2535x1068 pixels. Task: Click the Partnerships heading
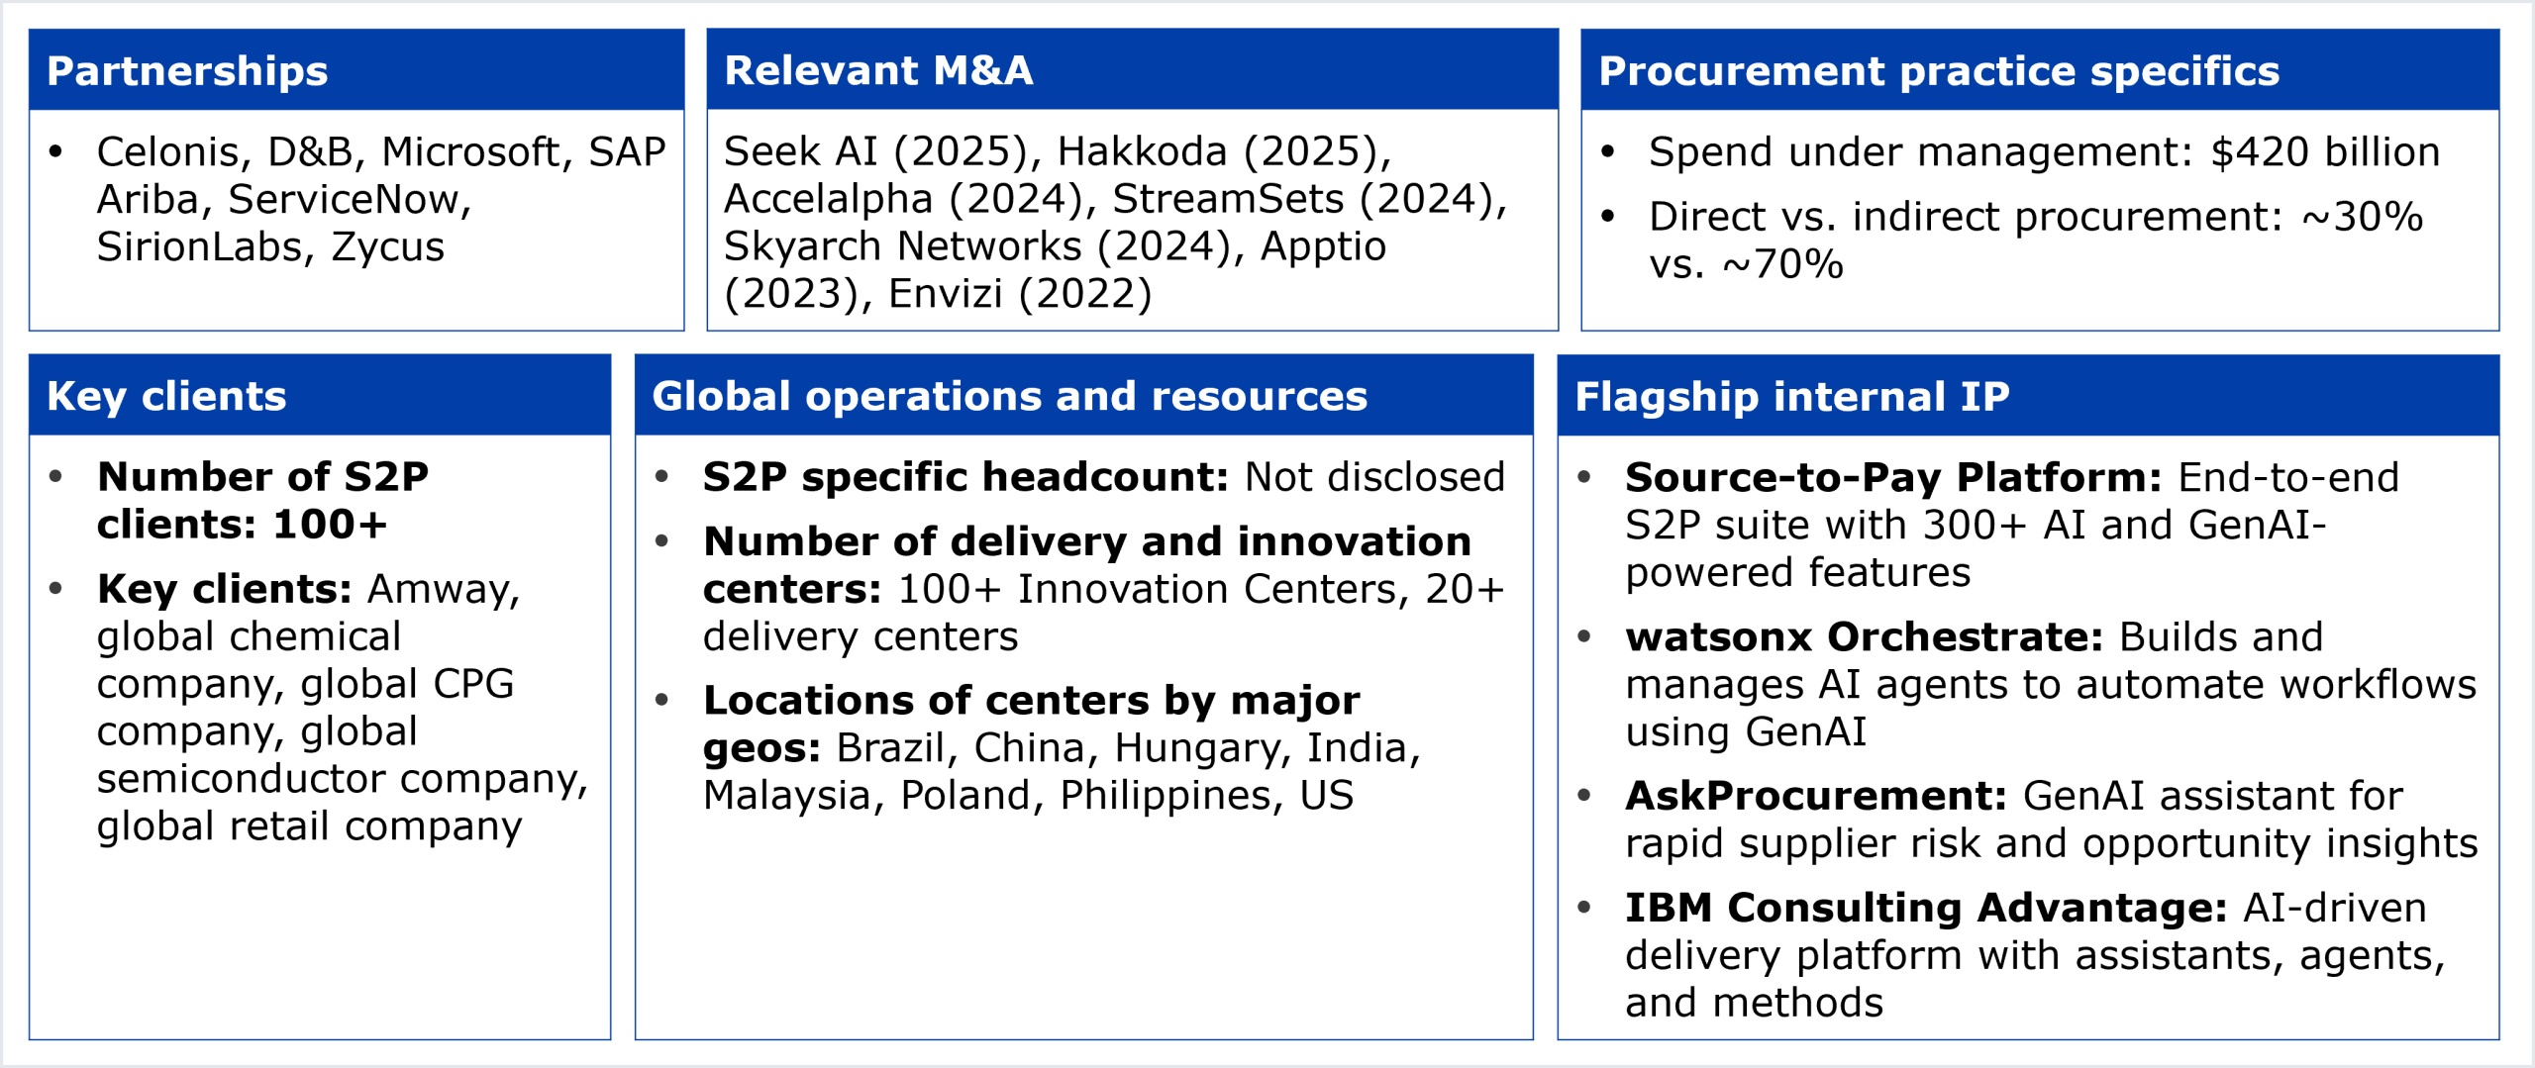click(x=187, y=72)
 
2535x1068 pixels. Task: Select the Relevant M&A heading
click(x=878, y=71)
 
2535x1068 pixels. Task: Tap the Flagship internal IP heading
click(x=1792, y=397)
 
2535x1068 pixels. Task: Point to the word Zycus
click(x=388, y=247)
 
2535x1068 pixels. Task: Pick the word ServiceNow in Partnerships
click(x=350, y=199)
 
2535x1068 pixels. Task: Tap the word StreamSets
click(x=1228, y=199)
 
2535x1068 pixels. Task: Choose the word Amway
click(x=444, y=590)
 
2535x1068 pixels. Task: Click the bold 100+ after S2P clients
click(x=330, y=525)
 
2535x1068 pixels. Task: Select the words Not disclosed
click(x=1374, y=477)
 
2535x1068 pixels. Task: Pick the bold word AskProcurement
click(x=1816, y=796)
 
